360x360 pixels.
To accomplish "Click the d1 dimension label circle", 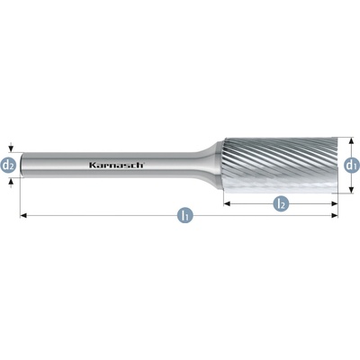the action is click(351, 165).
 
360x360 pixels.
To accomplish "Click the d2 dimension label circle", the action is click(9, 165).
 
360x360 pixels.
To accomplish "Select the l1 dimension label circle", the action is click(185, 215).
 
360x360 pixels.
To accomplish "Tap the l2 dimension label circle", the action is click(280, 204).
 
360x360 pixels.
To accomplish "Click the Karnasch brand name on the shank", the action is click(117, 165).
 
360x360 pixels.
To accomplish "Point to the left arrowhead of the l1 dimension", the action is click(22, 215).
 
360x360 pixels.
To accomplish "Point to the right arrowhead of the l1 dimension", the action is click(334, 215).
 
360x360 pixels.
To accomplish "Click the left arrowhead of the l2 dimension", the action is click(228, 204).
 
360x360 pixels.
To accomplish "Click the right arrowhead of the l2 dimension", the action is click(334, 204).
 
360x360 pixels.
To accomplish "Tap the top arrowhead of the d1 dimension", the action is click(350, 141).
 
